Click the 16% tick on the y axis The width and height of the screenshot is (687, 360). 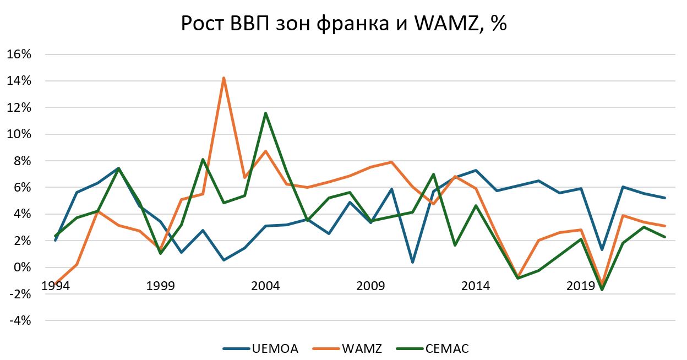click(x=19, y=54)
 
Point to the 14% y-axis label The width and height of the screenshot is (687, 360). click(x=19, y=81)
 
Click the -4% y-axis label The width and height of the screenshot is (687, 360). click(x=20, y=320)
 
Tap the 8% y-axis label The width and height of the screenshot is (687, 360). click(x=22, y=161)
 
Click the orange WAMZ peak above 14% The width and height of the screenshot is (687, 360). click(x=223, y=78)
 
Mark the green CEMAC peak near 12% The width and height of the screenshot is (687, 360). click(x=266, y=113)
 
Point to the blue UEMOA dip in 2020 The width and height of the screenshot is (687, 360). click(x=602, y=249)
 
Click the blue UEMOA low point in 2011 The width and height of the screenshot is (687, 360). click(x=413, y=262)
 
